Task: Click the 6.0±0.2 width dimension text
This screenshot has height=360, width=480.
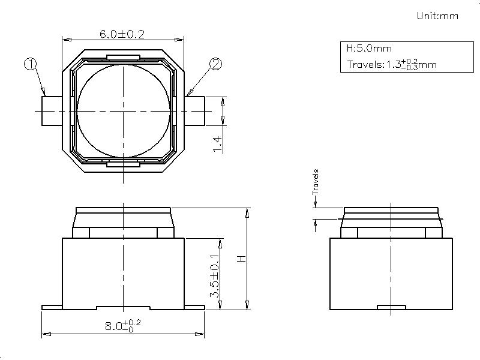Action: click(x=122, y=34)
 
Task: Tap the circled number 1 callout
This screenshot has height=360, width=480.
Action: click(x=31, y=64)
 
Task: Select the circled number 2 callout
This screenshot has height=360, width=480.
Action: click(x=215, y=64)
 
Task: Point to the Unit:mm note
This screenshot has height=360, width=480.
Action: click(x=437, y=16)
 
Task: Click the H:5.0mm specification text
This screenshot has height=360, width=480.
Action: click(x=369, y=49)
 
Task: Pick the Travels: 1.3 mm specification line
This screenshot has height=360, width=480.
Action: click(x=392, y=64)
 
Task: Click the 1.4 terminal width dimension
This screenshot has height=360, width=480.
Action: click(x=218, y=144)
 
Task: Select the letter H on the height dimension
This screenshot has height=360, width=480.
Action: click(x=242, y=259)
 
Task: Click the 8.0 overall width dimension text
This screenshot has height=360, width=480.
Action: click(x=123, y=326)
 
